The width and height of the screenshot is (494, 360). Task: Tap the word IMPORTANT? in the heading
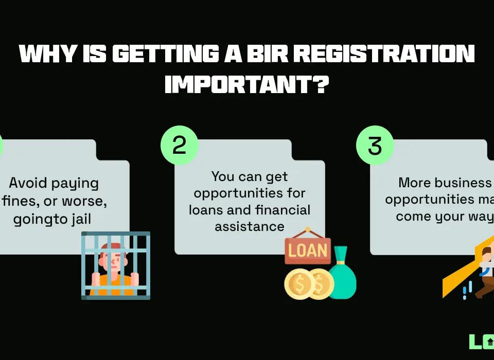[x=246, y=84]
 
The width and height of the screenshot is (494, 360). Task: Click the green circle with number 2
[x=179, y=146]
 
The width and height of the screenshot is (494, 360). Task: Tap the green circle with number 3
[x=375, y=146]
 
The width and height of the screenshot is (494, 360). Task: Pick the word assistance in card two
[x=250, y=226]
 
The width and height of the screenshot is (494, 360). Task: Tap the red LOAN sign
[x=307, y=250]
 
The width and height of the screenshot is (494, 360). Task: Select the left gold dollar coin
[x=297, y=284]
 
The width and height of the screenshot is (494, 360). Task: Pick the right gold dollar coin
[x=320, y=284]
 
